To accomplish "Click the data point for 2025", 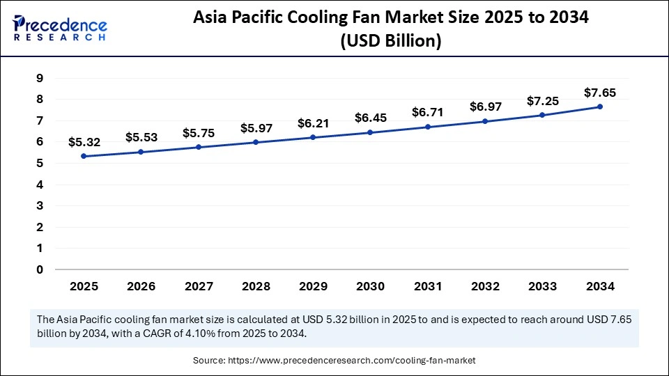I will coord(84,156).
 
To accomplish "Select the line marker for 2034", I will coord(600,107).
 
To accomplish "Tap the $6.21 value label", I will coord(314,123).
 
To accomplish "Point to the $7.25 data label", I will coord(543,100).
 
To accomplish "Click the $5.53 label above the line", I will coord(141,138).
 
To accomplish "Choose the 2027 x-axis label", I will coord(199,286).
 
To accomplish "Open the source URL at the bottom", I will coord(355,361).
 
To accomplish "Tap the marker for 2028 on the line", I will coord(256,142).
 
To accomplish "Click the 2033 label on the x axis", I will coord(543,286).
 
